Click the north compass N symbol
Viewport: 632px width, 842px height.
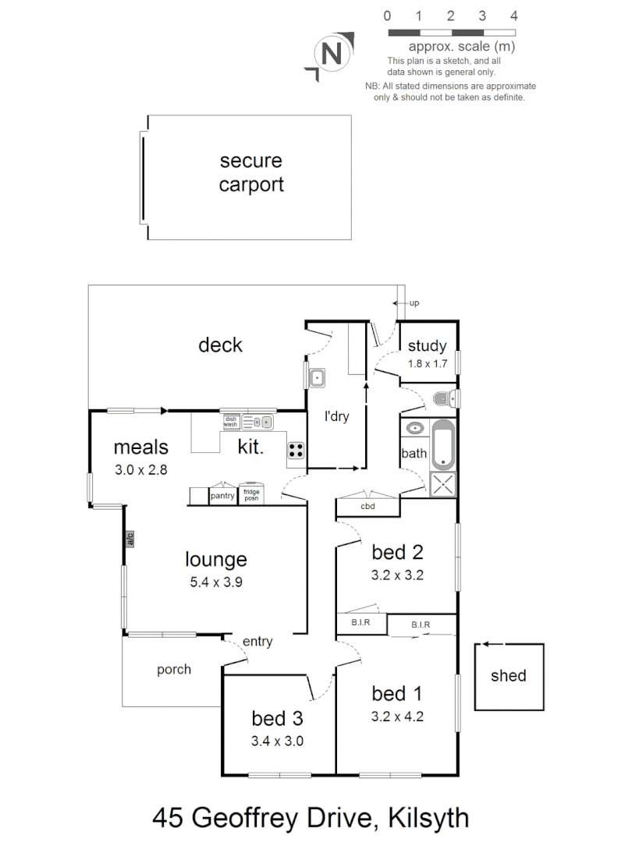pyautogui.click(x=332, y=55)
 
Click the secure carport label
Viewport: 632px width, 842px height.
pyautogui.click(x=250, y=173)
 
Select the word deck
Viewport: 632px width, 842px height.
pyautogui.click(x=221, y=345)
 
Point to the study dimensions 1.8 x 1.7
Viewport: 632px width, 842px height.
pyautogui.click(x=427, y=363)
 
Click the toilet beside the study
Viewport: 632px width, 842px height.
pyautogui.click(x=445, y=399)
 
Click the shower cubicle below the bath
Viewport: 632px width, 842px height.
pyautogui.click(x=442, y=483)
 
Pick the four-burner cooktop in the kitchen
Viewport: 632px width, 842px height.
pyautogui.click(x=296, y=449)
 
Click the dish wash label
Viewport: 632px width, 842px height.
pyautogui.click(x=230, y=422)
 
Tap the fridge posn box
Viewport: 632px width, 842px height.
pyautogui.click(x=251, y=495)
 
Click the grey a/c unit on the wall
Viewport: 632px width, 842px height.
pyautogui.click(x=130, y=538)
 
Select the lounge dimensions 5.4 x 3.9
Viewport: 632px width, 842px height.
pyautogui.click(x=216, y=581)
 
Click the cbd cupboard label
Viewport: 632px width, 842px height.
pyautogui.click(x=367, y=507)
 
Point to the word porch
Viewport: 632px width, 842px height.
pyautogui.click(x=174, y=669)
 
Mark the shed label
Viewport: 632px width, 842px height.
pyautogui.click(x=509, y=676)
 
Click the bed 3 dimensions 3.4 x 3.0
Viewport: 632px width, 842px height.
pyautogui.click(x=277, y=741)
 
